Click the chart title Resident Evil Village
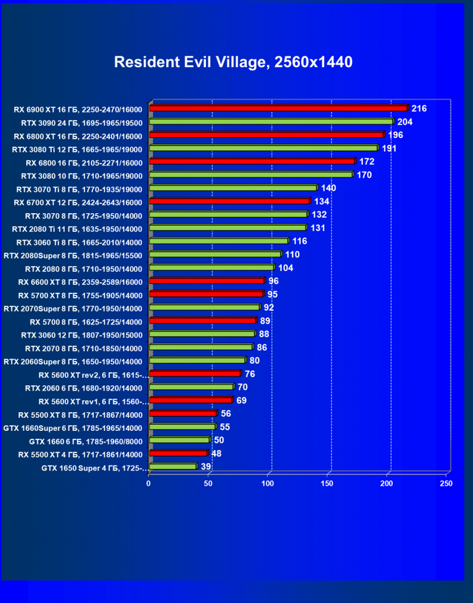pos(233,62)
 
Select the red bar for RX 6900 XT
pos(278,108)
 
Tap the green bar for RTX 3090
pos(271,121)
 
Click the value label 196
pos(395,135)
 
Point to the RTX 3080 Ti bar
pos(264,148)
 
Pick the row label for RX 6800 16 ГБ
pos(84,161)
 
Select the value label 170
pos(364,175)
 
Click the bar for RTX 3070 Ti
pos(233,188)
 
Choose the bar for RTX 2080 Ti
pos(228,228)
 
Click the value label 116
pos(299,241)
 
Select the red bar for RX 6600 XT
pos(207,281)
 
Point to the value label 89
pos(265,321)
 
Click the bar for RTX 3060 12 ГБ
pos(202,334)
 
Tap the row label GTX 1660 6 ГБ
pos(85,440)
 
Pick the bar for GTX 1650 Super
pos(173,466)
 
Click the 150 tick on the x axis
pos(327,482)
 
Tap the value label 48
pos(217,454)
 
